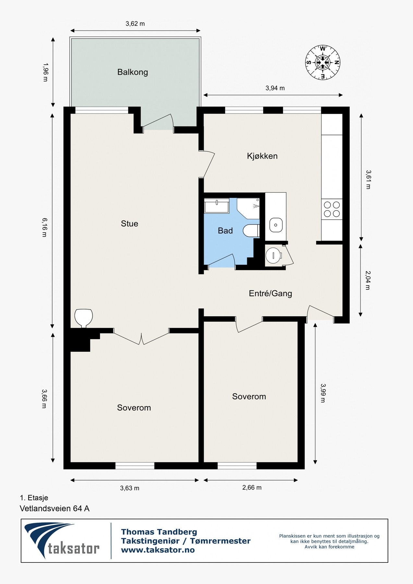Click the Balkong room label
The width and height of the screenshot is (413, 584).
pos(132,72)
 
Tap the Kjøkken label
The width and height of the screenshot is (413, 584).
pos(262,156)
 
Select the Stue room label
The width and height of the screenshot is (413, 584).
pos(129,224)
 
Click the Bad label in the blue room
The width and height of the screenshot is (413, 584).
pos(225,231)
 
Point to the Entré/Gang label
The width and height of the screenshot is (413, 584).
pos(270,294)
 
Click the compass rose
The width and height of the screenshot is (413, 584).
pos(323,62)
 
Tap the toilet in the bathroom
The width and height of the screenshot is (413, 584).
pos(251,230)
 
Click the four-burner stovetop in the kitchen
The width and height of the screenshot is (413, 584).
pos(332,209)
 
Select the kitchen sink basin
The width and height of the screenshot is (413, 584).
pos(276,225)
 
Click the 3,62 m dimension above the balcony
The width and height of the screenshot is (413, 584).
pos(135,24)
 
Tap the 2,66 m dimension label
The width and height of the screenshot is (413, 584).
pos(252,488)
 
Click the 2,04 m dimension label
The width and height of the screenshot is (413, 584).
pos(368,280)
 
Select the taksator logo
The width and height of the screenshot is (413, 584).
pos(62,541)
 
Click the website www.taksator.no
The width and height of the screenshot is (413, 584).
pos(158,550)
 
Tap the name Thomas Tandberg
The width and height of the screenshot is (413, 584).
pos(159,532)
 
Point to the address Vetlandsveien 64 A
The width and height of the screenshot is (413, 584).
pos(55,508)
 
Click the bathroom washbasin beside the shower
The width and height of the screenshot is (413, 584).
pos(217,206)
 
